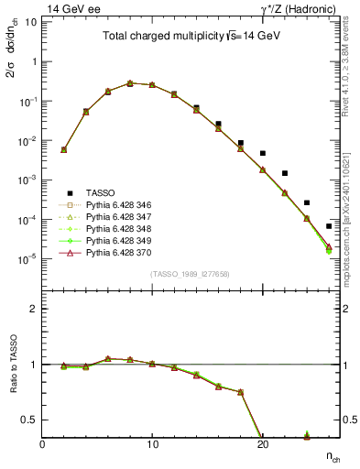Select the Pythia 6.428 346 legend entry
(115, 204)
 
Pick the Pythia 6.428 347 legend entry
(115, 216)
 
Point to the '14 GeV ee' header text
(72, 8)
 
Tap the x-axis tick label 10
(152, 444)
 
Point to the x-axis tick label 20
(262, 444)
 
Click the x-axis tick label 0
(42, 444)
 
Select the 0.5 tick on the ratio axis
(32, 420)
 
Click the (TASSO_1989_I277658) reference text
(190, 274)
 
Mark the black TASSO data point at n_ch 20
(262, 153)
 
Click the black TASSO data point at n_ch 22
(285, 173)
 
